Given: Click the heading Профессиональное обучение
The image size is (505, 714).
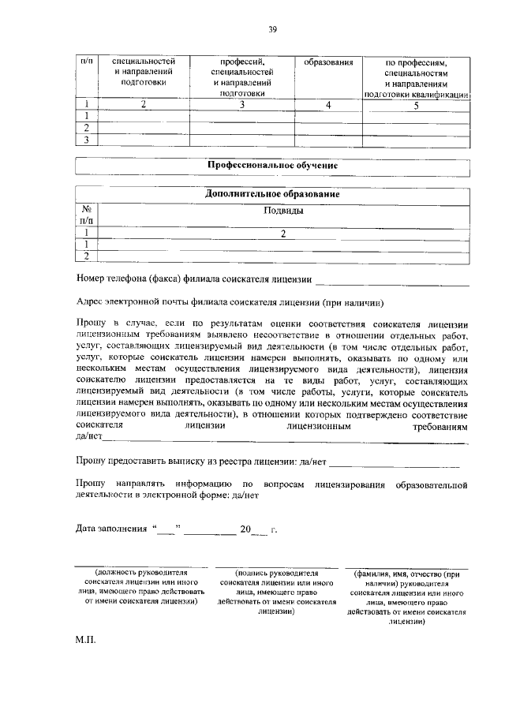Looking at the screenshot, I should click(272, 166).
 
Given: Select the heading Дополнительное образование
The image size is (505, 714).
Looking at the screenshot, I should click(272, 194).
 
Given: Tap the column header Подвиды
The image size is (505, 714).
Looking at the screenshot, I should click(282, 211).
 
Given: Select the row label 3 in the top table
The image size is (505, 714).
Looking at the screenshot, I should click(86, 140).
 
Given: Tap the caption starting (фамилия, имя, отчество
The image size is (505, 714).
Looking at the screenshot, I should click(406, 596).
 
